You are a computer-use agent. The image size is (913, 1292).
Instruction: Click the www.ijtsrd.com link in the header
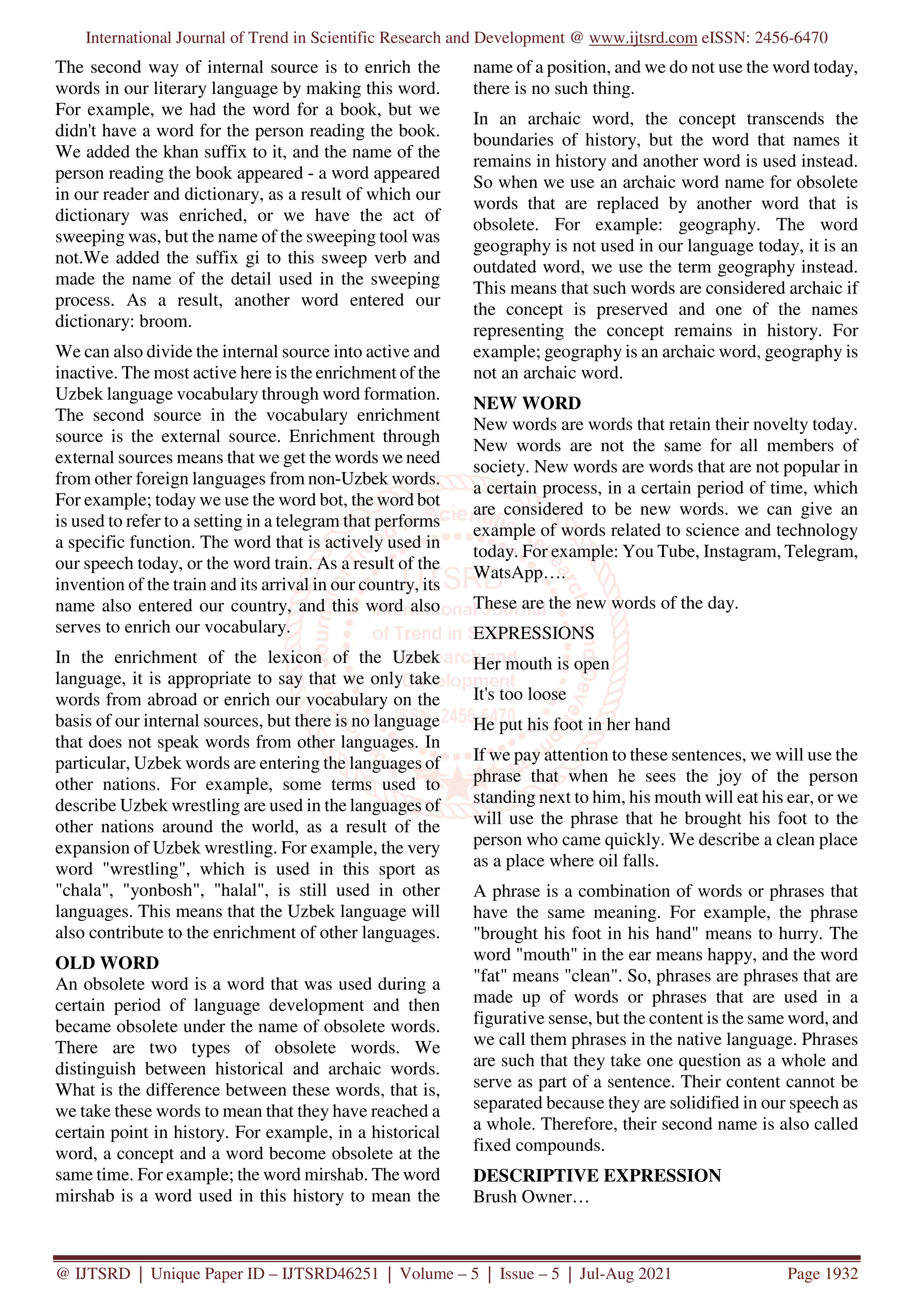[x=642, y=38]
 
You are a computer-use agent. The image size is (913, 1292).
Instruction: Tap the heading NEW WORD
[x=526, y=403]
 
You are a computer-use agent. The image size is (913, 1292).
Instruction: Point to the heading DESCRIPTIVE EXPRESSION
[x=596, y=1176]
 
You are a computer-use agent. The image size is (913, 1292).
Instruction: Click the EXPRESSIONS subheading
[x=533, y=633]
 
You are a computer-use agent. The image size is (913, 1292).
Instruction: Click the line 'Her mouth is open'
[x=541, y=663]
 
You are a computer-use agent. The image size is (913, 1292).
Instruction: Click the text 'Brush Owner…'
[x=531, y=1197]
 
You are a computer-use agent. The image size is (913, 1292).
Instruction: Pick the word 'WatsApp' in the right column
[x=508, y=573]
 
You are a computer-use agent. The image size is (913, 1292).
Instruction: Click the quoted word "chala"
[x=82, y=890]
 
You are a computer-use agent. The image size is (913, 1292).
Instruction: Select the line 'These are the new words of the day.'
[x=605, y=603]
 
